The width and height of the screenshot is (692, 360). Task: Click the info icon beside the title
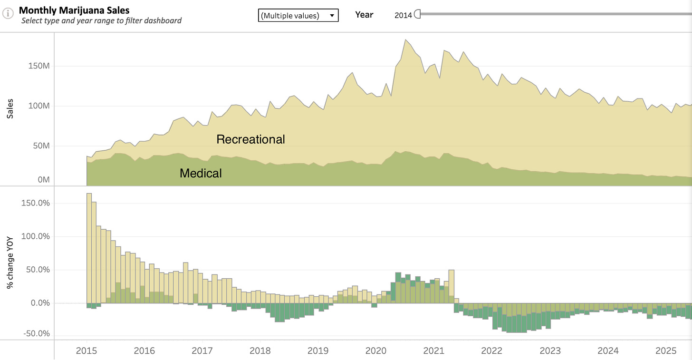8,14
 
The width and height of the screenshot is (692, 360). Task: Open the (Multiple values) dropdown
298,16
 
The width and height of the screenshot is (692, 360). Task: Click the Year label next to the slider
364,15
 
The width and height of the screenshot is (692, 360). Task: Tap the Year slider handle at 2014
418,14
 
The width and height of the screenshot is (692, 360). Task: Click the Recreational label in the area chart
250,139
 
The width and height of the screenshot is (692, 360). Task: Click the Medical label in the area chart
201,174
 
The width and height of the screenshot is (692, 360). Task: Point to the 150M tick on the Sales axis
38,66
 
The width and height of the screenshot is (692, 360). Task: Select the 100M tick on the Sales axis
38,106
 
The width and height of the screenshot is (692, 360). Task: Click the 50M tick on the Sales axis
40,146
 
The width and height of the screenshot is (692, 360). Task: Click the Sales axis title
10,109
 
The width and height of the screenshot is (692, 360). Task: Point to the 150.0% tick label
35,203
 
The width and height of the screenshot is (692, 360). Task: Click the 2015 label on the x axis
86,351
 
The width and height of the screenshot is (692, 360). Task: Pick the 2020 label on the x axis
375,351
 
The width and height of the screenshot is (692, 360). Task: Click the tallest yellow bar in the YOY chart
89,247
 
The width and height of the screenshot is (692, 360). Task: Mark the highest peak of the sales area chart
405,40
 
